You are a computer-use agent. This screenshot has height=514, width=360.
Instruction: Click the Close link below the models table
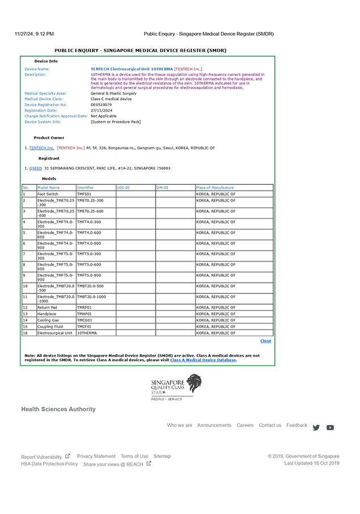coord(265,341)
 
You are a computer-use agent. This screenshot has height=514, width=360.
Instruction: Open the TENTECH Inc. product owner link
coord(41,148)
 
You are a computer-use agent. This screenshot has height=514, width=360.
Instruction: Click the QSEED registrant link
coord(35,168)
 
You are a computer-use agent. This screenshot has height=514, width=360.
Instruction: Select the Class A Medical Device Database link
coord(203,360)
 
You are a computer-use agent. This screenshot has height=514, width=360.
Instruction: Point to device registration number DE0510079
coord(101,104)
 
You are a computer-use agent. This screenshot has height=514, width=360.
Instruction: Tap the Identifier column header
coord(86,187)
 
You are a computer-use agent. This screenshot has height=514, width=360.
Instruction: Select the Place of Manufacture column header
coord(215,187)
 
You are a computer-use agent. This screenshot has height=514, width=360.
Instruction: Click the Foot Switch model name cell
coord(48,194)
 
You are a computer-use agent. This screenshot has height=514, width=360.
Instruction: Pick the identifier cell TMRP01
coord(85,307)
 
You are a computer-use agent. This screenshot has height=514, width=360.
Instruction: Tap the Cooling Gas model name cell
coord(48,321)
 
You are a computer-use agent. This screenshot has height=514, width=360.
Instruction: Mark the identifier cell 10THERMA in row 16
coord(87,333)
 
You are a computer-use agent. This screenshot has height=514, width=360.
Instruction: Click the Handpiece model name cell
coord(47,314)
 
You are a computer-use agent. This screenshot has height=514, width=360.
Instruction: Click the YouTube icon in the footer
coord(330,428)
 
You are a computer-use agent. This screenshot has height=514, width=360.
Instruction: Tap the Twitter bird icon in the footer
coord(316,428)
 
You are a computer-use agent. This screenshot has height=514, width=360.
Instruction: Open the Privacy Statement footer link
coord(96,456)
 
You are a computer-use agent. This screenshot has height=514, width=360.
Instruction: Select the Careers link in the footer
coord(245,425)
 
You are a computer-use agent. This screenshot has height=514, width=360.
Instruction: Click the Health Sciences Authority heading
coord(58,409)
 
